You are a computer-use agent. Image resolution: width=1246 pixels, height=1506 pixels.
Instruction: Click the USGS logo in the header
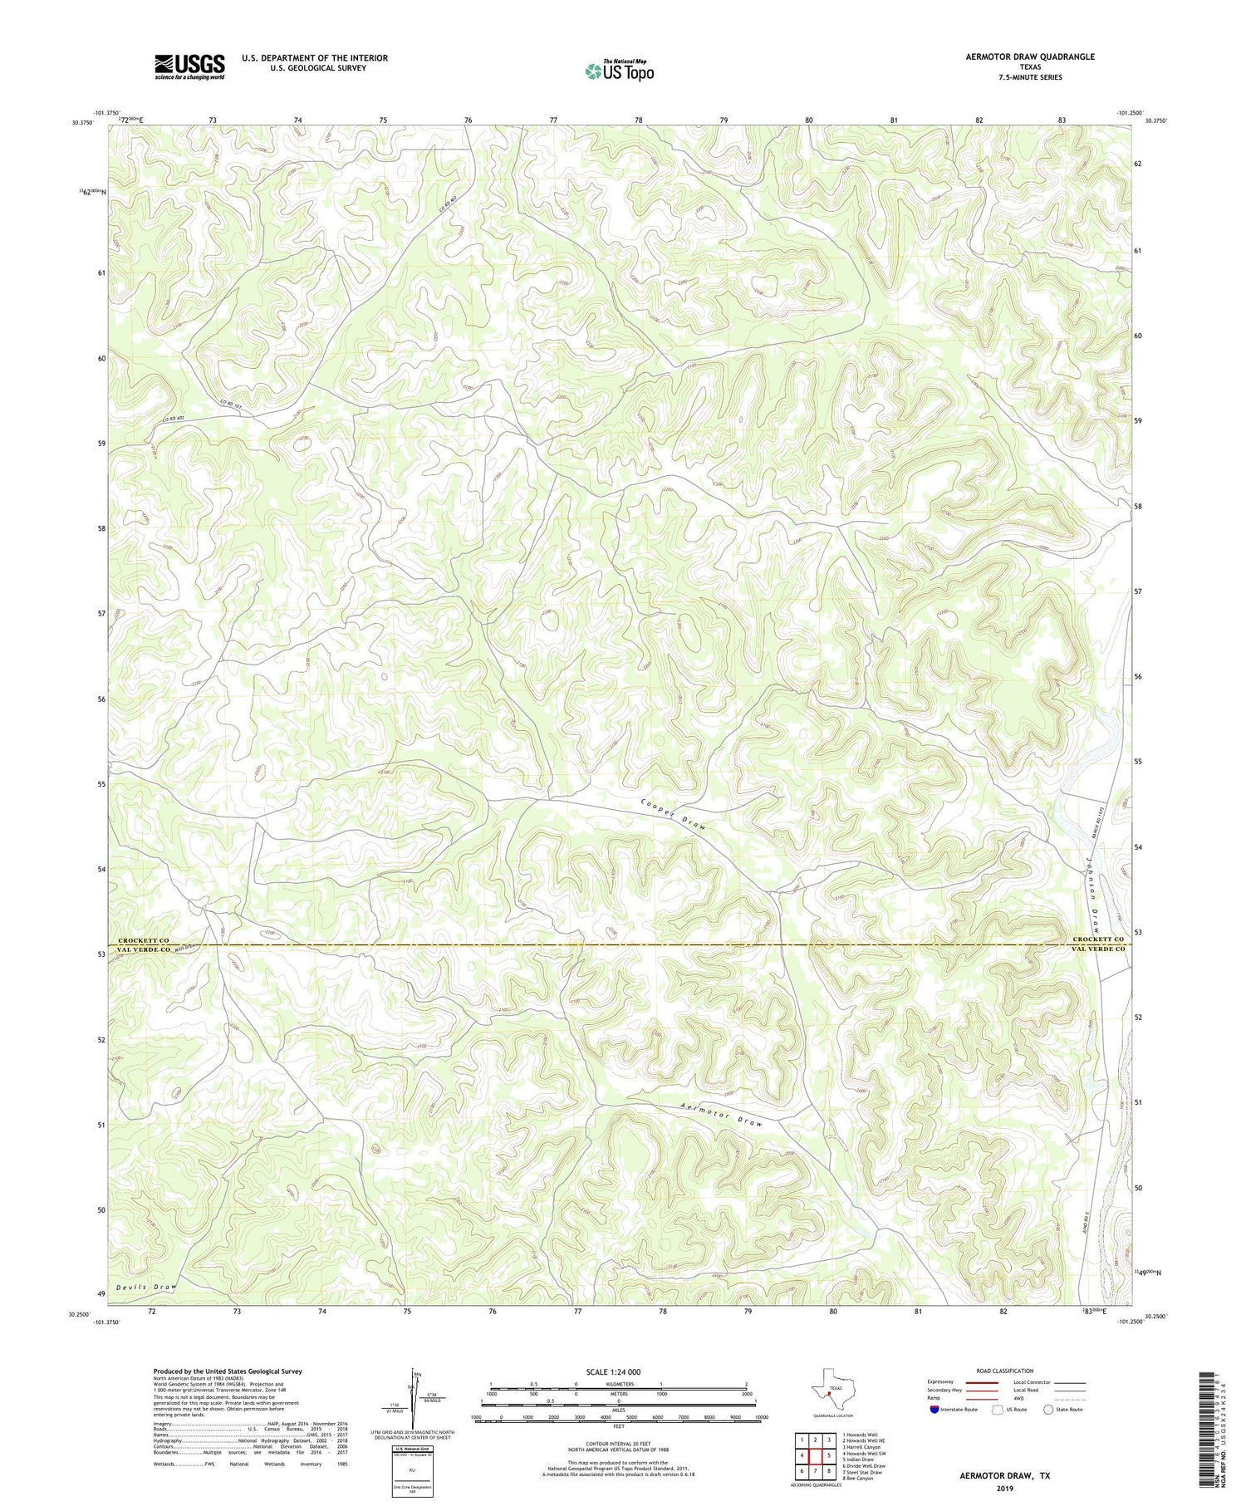pyautogui.click(x=189, y=66)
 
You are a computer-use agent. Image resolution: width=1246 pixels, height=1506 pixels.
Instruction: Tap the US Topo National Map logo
pyautogui.click(x=619, y=71)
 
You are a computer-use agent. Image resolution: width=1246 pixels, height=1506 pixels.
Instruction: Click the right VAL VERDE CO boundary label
pyautogui.click(x=1098, y=949)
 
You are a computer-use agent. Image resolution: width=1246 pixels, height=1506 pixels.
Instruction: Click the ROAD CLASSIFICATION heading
pyautogui.click(x=1004, y=1371)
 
